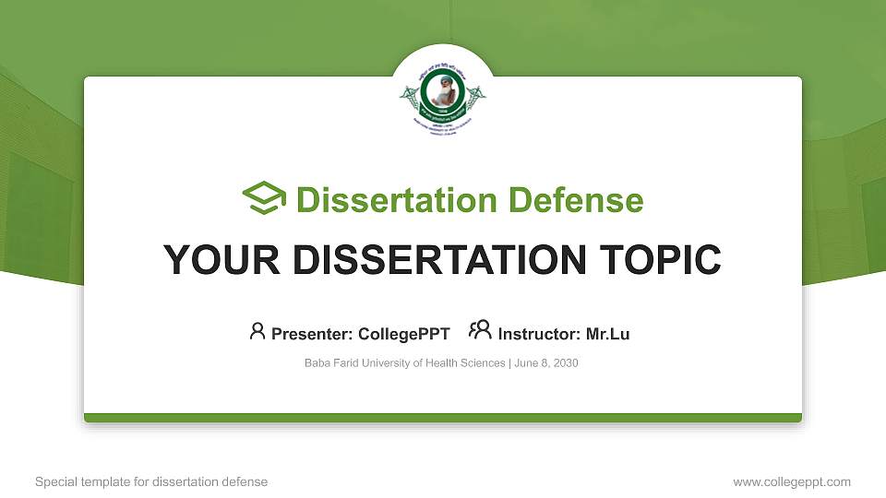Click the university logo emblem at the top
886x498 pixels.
443,96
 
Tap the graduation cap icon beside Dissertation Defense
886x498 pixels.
264,198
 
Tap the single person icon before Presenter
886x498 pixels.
257,330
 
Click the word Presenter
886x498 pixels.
306,334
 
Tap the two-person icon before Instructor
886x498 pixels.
480,330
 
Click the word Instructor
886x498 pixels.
537,334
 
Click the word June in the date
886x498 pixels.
527,363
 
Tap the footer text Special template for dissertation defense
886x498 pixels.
151,481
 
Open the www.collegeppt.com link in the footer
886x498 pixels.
792,481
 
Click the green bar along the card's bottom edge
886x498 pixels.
443,418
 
